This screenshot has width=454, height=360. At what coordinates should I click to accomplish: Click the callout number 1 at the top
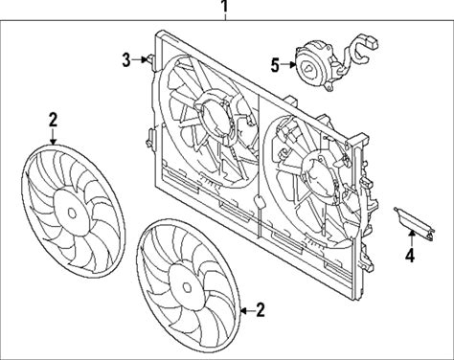point(225,7)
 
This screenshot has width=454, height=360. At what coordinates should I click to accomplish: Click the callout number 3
point(126,60)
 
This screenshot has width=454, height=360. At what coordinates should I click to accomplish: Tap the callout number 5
point(275,65)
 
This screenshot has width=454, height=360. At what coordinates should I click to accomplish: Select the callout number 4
point(410,256)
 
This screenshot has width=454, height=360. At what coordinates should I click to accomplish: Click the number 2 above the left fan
point(53,120)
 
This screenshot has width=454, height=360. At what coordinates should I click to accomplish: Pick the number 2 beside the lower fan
point(261,310)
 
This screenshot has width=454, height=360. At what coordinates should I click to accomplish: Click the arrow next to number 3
point(139,59)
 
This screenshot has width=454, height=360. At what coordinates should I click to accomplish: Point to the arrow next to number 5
point(288,65)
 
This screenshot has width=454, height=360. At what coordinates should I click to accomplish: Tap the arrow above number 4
point(412,237)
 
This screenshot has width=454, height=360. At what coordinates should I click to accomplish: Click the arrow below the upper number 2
point(53,137)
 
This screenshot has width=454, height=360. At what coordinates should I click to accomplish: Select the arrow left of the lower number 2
point(247,310)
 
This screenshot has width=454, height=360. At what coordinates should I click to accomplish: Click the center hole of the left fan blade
point(72,213)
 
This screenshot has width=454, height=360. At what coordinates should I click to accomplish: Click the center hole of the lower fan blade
point(187,287)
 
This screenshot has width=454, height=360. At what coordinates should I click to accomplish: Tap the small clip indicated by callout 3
point(150,59)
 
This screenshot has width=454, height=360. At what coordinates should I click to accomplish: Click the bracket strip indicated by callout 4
point(415,223)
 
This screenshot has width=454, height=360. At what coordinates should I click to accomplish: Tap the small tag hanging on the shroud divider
point(259,202)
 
